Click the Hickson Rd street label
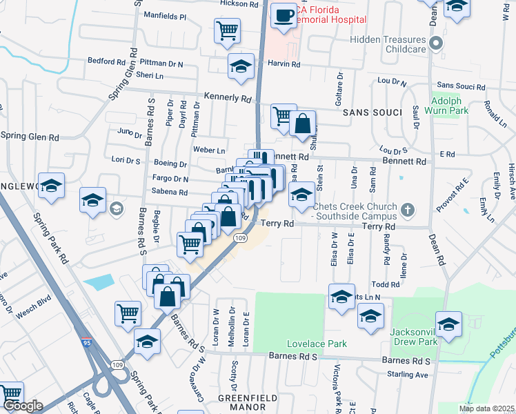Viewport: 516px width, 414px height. pos(239,4)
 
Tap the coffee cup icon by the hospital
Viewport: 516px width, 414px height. pos(283,15)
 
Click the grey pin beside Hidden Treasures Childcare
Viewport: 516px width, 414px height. pos(435,44)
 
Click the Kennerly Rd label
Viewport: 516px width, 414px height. pos(228,98)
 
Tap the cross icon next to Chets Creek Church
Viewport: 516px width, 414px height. pos(408,209)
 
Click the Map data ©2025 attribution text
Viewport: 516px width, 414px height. pos(486,408)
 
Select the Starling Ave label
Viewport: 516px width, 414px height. pos(408,375)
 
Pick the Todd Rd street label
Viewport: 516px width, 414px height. pos(385,284)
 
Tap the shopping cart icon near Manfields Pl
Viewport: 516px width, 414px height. pos(227,30)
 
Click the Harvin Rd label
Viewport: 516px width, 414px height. pos(285,65)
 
